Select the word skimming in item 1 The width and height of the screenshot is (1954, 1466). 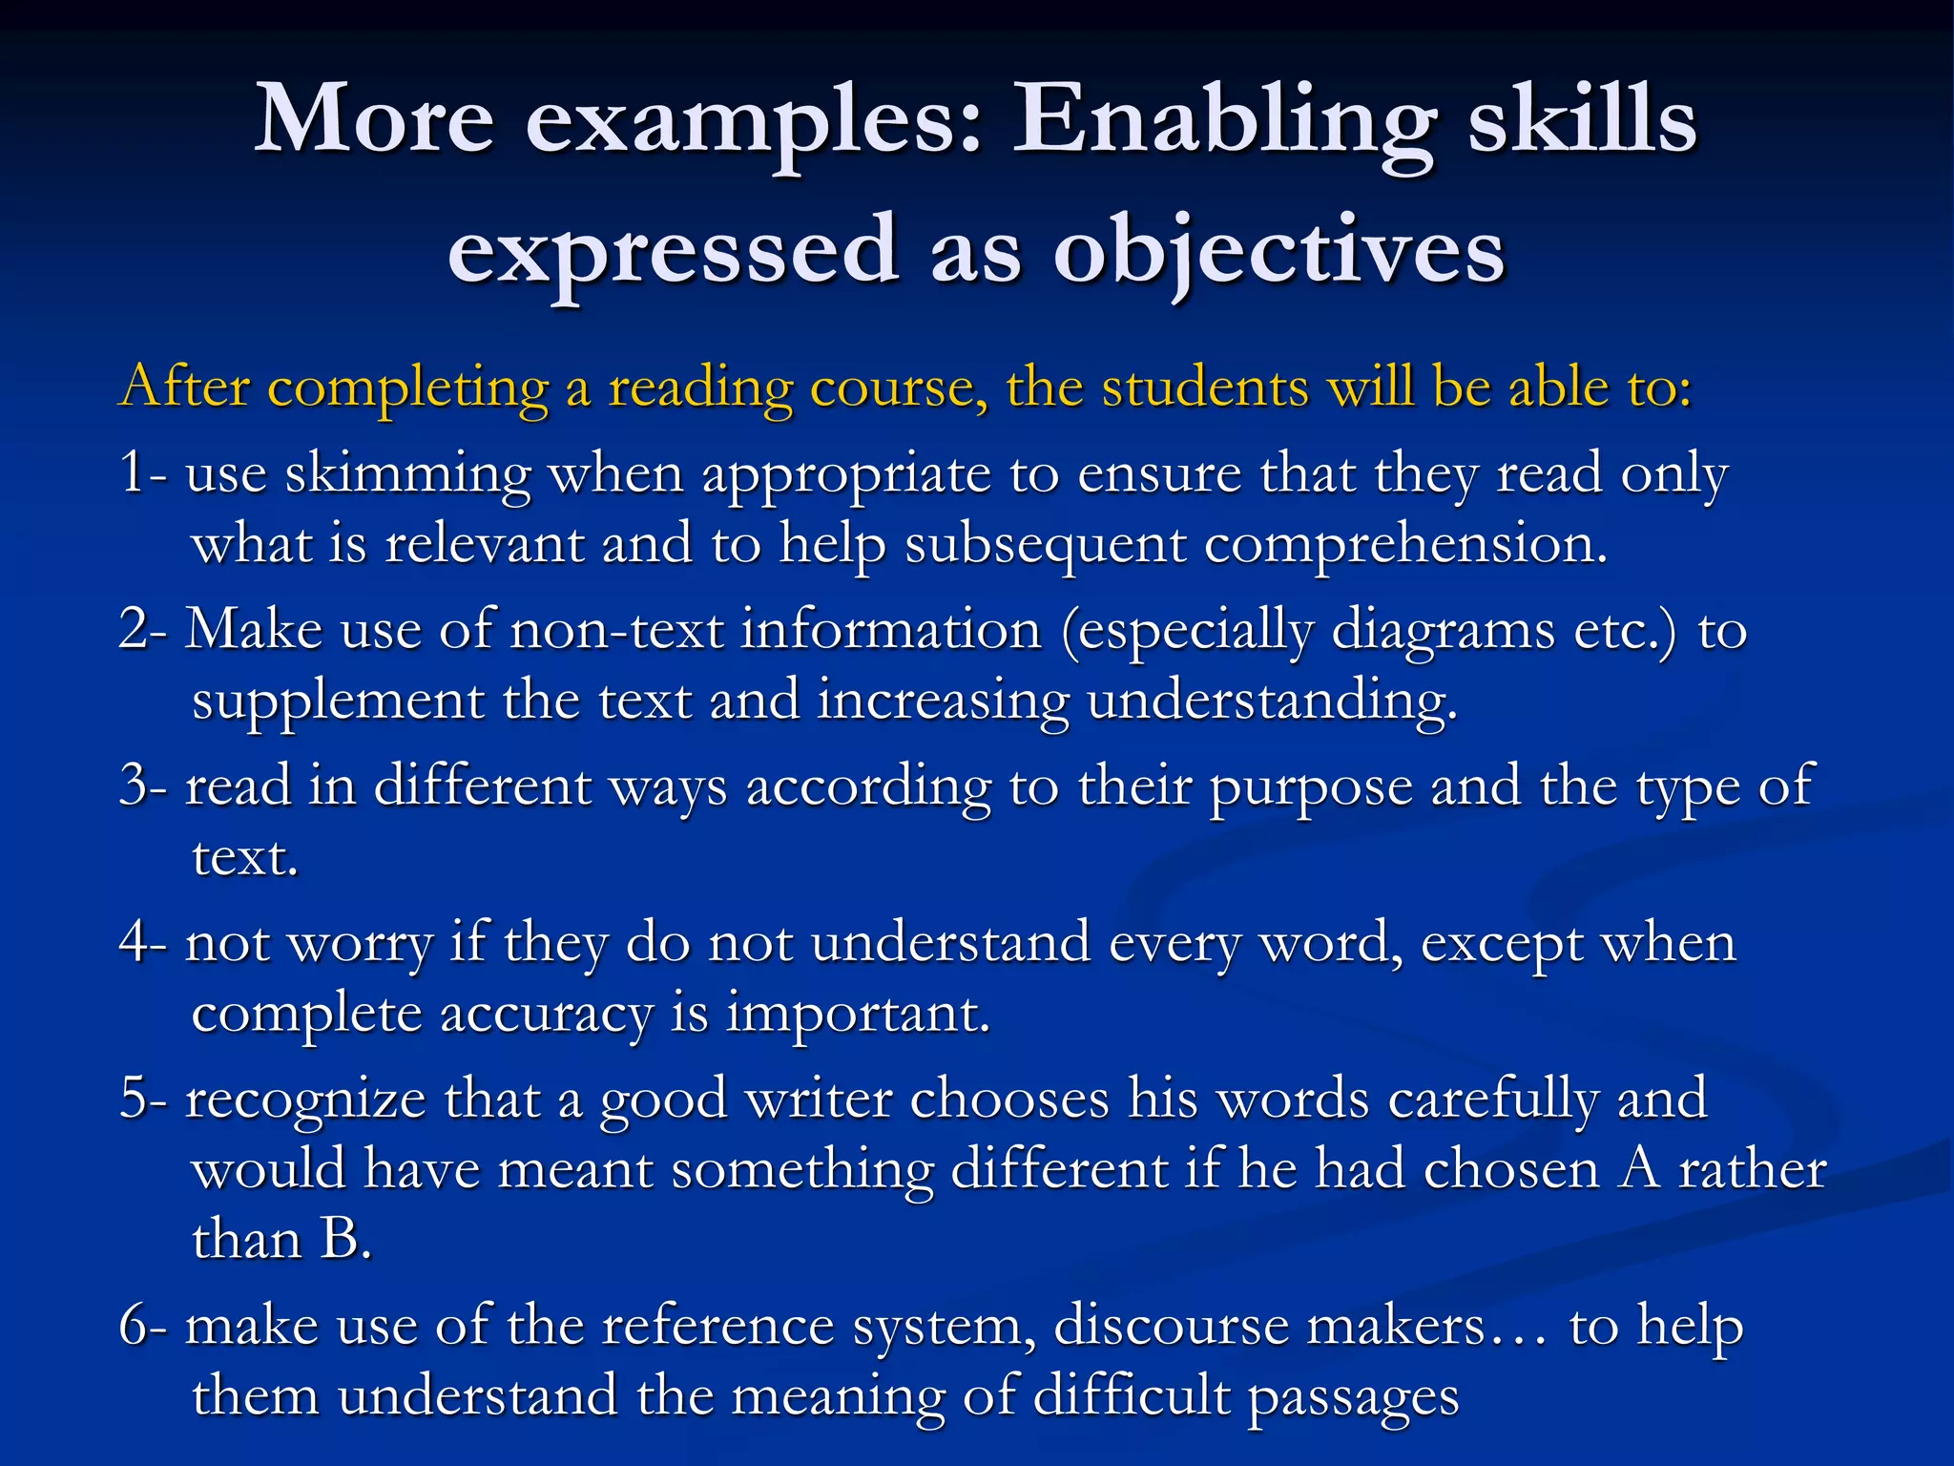pyautogui.click(x=407, y=474)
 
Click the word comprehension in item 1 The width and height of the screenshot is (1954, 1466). pyautogui.click(x=1405, y=546)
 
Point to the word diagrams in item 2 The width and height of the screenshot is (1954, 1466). pyautogui.click(x=1443, y=631)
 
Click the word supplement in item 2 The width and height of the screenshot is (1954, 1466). pyautogui.click(x=338, y=702)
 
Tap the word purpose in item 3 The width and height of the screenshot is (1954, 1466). pyautogui.click(x=1311, y=788)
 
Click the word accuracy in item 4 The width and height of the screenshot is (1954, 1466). pyautogui.click(x=546, y=1015)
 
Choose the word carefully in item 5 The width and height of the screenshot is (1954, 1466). pyautogui.click(x=1492, y=1099)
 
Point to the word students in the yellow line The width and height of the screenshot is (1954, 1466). pyautogui.click(x=1205, y=387)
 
